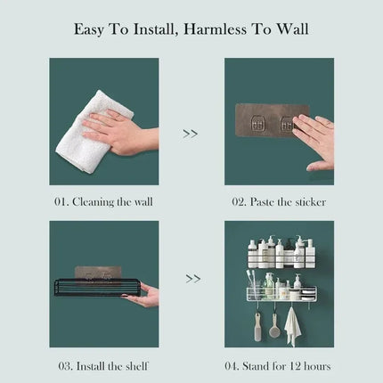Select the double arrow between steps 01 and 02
(x=190, y=134)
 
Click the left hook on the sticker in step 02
(x=264, y=126)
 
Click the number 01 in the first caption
(x=61, y=202)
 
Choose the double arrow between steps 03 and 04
(x=192, y=278)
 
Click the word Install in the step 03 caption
(x=97, y=366)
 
